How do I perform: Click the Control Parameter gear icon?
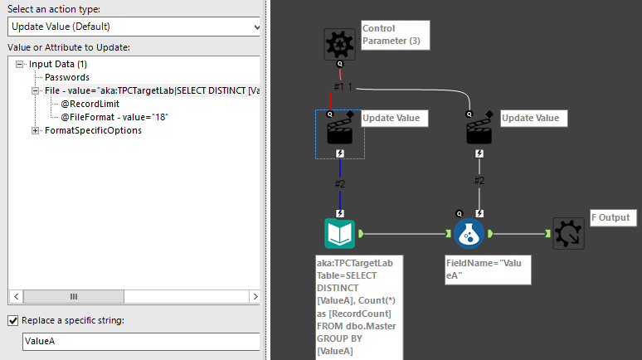click(339, 44)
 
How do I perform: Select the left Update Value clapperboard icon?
click(339, 133)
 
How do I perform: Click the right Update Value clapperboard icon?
click(479, 133)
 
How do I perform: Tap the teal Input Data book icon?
click(339, 234)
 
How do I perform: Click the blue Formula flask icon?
click(469, 234)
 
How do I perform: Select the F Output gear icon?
click(568, 234)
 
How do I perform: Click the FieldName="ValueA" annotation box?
click(487, 270)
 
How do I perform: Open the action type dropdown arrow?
click(255, 27)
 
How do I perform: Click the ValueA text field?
click(141, 341)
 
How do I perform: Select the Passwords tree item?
click(67, 77)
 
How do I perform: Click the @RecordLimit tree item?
click(90, 104)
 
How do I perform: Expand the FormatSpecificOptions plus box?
click(36, 130)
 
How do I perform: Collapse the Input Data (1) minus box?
click(19, 64)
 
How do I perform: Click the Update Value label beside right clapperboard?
click(531, 118)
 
